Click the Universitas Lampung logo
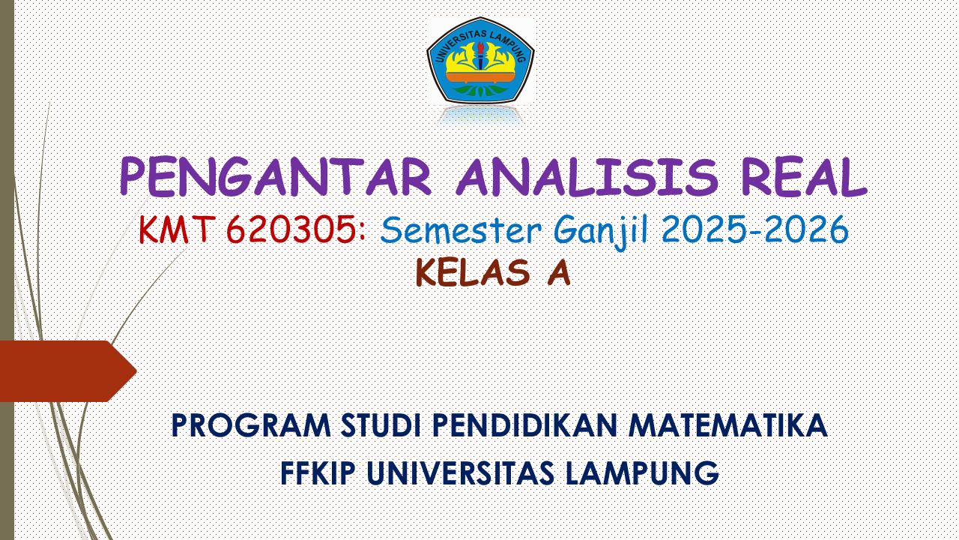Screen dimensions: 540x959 coord(480,61)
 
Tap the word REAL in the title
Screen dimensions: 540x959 coord(803,178)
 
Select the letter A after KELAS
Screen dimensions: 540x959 coord(558,273)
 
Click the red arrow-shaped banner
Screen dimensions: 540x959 coord(64,370)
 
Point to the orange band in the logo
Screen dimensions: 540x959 coord(480,76)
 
